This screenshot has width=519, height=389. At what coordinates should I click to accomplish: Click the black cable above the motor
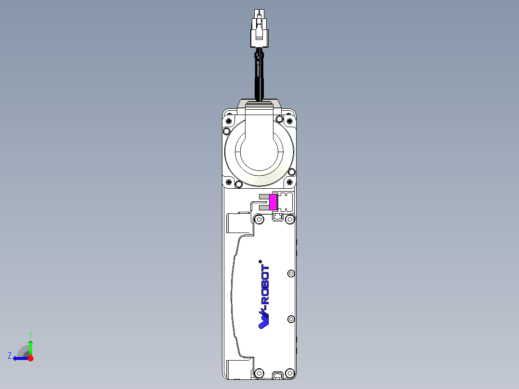(259, 77)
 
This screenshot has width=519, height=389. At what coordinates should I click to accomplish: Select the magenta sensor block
(273, 202)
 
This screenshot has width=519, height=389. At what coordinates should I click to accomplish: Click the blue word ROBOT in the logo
(265, 285)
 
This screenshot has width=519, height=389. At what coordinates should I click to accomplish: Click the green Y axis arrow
(30, 347)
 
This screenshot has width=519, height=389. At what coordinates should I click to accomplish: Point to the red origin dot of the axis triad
(30, 358)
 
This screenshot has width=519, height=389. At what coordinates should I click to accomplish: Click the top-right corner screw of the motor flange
(289, 120)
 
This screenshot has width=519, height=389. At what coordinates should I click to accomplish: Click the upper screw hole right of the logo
(290, 274)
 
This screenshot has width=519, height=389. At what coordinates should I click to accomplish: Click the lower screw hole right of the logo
(290, 319)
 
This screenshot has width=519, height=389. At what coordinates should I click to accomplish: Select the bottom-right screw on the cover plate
(289, 373)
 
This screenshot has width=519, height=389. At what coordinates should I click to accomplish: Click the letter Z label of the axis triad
(10, 356)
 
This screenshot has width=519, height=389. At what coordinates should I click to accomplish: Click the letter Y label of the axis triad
(30, 334)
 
